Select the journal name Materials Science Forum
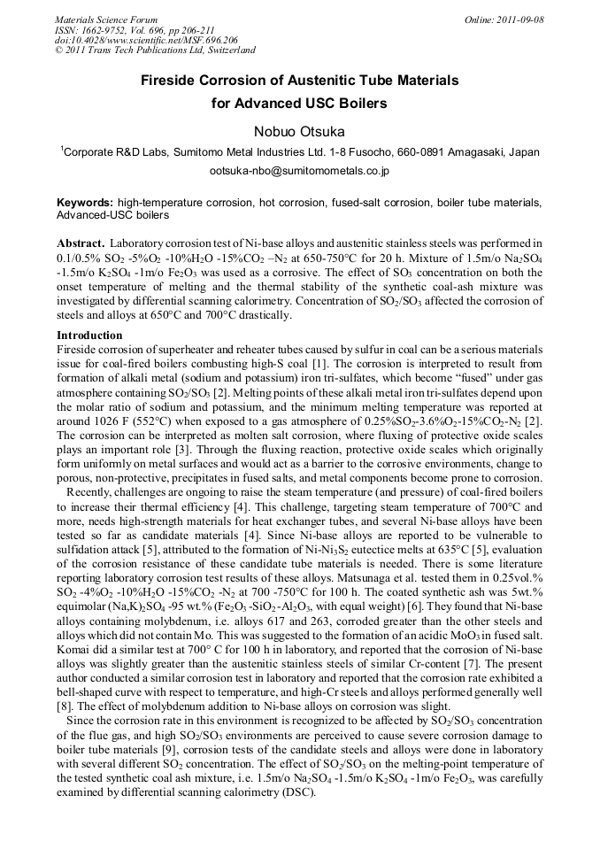[106, 19]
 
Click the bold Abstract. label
[81, 243]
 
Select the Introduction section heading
[89, 336]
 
